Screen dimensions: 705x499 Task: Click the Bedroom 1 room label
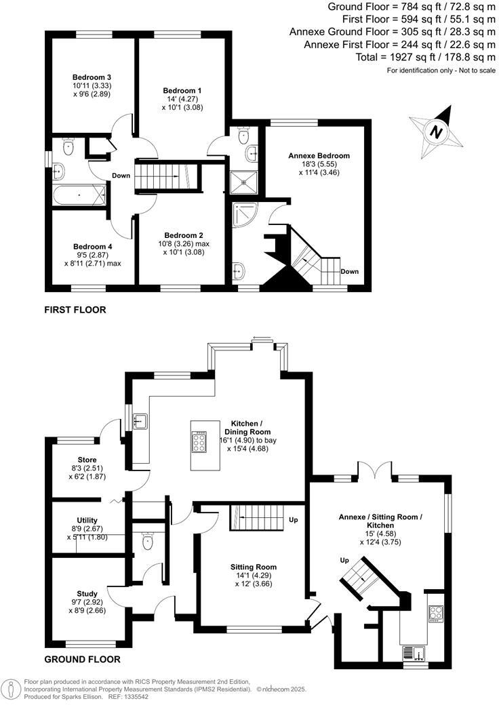click(x=182, y=90)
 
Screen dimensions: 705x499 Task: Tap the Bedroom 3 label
click(x=92, y=77)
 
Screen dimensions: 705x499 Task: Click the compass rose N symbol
click(x=437, y=132)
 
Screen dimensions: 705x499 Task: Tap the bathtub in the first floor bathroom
click(x=79, y=195)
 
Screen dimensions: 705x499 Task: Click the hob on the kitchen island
click(x=201, y=443)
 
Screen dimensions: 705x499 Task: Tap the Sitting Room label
click(x=254, y=567)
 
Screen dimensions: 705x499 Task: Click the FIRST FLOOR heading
click(x=75, y=310)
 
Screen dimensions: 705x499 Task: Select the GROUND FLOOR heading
click(x=82, y=659)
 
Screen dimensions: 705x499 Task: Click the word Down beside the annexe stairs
click(x=350, y=272)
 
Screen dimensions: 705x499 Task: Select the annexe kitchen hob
click(x=436, y=613)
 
